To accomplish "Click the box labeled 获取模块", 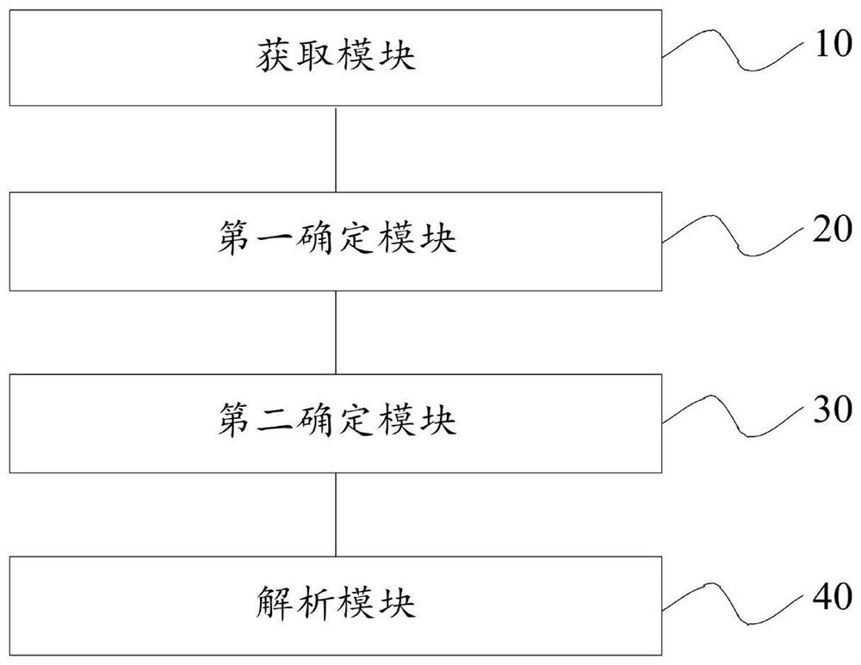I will (335, 58).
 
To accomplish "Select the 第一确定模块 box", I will (335, 240).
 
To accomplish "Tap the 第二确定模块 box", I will (335, 422).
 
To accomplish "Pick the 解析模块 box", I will (335, 605).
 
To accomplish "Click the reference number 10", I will (831, 46).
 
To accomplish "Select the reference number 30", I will (831, 411).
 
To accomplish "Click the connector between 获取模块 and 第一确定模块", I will (336, 149).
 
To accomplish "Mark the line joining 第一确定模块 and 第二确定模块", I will (336, 331).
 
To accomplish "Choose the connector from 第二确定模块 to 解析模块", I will (336, 514).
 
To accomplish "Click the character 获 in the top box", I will (272, 58).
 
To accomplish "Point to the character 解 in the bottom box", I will (272, 605).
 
